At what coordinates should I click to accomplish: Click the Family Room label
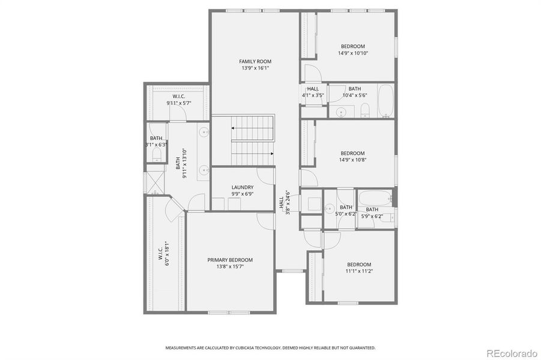click(255, 61)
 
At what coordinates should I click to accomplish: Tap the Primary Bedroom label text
click(230, 260)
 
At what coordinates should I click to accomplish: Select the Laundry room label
click(242, 187)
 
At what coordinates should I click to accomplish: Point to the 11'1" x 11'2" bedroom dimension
click(359, 271)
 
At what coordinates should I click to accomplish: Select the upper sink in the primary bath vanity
click(204, 132)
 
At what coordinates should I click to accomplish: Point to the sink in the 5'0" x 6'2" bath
click(329, 208)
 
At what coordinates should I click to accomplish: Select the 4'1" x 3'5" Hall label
click(312, 92)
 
